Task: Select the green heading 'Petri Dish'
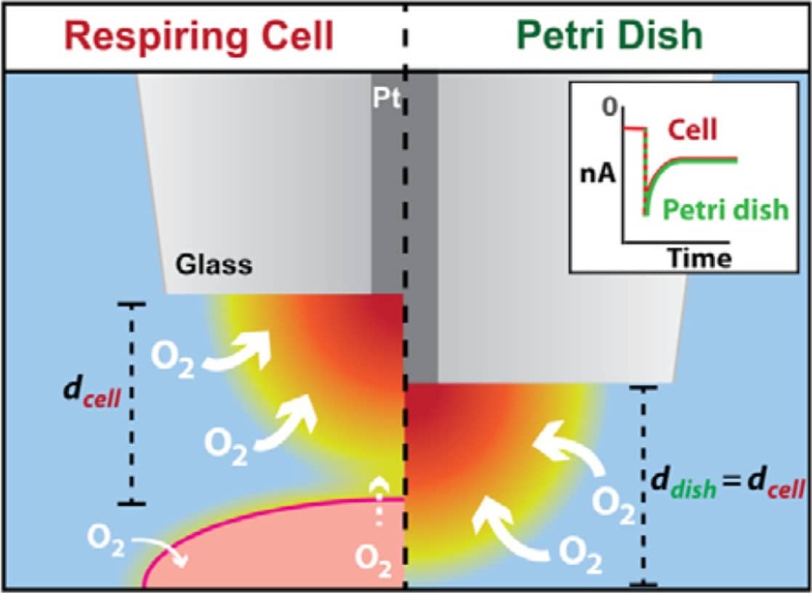point(609,34)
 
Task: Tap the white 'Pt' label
point(385,100)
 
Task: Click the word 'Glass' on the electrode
point(214,265)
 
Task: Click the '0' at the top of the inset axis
point(608,109)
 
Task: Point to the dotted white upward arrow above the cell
point(377,501)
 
